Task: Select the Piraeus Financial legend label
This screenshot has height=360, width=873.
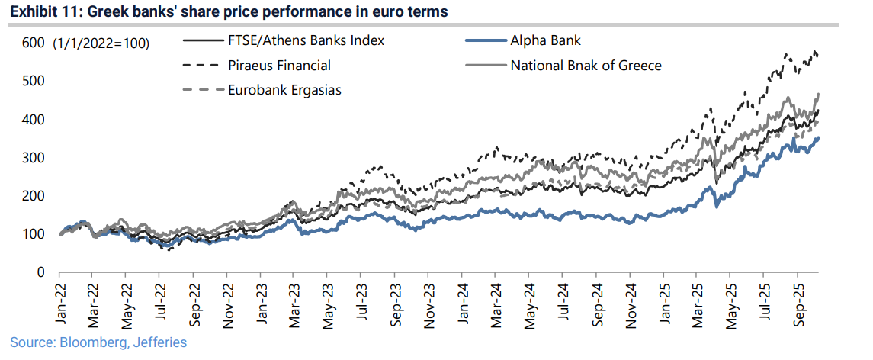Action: click(279, 65)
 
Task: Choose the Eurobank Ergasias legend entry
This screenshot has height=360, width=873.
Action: click(284, 89)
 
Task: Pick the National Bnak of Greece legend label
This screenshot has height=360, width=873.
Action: click(586, 65)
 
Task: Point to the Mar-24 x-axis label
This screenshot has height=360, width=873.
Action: click(497, 302)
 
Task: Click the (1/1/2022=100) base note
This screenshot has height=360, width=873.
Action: click(101, 43)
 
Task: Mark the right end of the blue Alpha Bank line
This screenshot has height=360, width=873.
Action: click(818, 138)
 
